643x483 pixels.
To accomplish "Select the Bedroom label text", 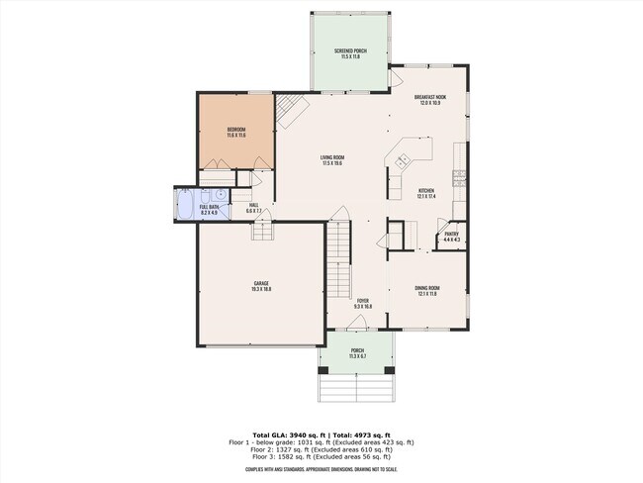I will coord(235,130).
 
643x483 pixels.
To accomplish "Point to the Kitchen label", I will coord(426,190).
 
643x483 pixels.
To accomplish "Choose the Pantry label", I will coord(450,235).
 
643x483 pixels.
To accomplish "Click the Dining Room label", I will coord(427,287).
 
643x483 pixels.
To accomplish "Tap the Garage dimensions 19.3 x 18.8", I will coord(261,290).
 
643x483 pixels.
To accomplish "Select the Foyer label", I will coord(363,300).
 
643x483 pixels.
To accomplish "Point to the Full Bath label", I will coord(210,207).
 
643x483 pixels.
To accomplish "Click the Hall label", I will coord(253,205).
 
